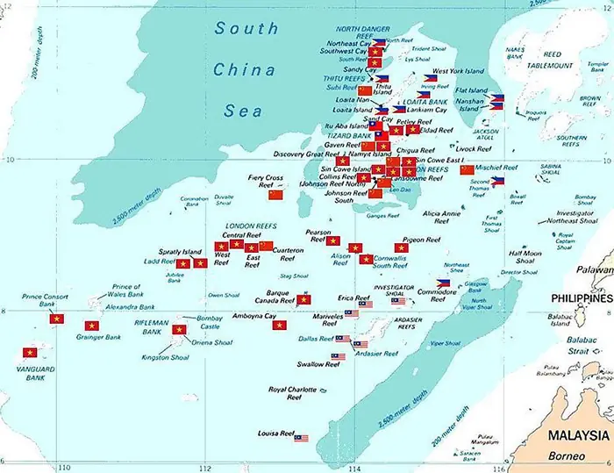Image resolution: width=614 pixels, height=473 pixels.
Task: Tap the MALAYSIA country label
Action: pyautogui.click(x=579, y=436)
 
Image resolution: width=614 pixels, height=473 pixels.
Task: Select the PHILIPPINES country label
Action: pyautogui.click(x=575, y=299)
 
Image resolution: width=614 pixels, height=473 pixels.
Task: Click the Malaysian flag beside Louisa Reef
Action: pyautogui.click(x=301, y=437)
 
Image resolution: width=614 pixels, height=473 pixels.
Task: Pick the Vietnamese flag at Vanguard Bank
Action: pyautogui.click(x=32, y=353)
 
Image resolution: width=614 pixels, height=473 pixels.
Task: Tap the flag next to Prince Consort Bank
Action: pyautogui.click(x=59, y=320)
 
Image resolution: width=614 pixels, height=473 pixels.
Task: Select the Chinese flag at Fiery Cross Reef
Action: pyautogui.click(x=276, y=195)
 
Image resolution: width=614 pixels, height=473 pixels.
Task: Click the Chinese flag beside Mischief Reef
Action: pyautogui.click(x=467, y=170)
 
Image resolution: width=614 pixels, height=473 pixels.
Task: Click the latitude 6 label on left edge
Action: pyautogui.click(x=4, y=460)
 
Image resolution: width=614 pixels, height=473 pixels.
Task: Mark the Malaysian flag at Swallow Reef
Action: pyautogui.click(x=338, y=357)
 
